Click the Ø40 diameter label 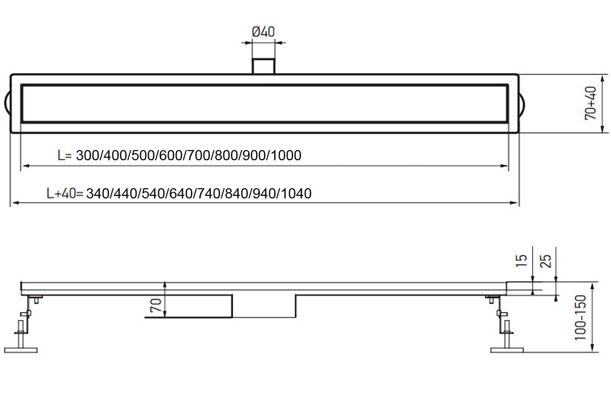[x=263, y=32]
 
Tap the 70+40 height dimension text [x=591, y=103]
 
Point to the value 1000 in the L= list [x=286, y=156]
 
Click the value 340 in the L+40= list [x=98, y=194]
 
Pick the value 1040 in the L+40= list [x=296, y=194]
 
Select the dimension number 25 [x=545, y=261]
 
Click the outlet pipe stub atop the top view [x=264, y=66]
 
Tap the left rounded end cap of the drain [x=8, y=103]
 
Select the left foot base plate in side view [x=21, y=350]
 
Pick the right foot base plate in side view [x=507, y=350]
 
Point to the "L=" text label [x=66, y=156]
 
